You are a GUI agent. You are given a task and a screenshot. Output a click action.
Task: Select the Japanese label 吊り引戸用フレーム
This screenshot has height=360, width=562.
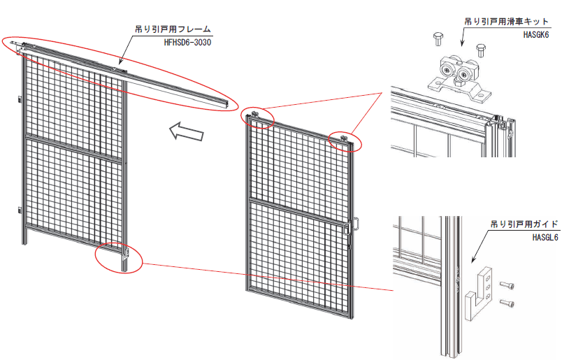pyautogui.click(x=173, y=30)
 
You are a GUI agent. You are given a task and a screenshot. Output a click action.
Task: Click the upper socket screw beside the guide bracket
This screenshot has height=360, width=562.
pyautogui.click(x=508, y=285)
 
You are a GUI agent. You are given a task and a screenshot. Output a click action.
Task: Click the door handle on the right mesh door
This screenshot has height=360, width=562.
pyautogui.click(x=354, y=225)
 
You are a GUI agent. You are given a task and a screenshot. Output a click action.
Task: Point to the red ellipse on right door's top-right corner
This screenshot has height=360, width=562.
pyautogui.click(x=345, y=140)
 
